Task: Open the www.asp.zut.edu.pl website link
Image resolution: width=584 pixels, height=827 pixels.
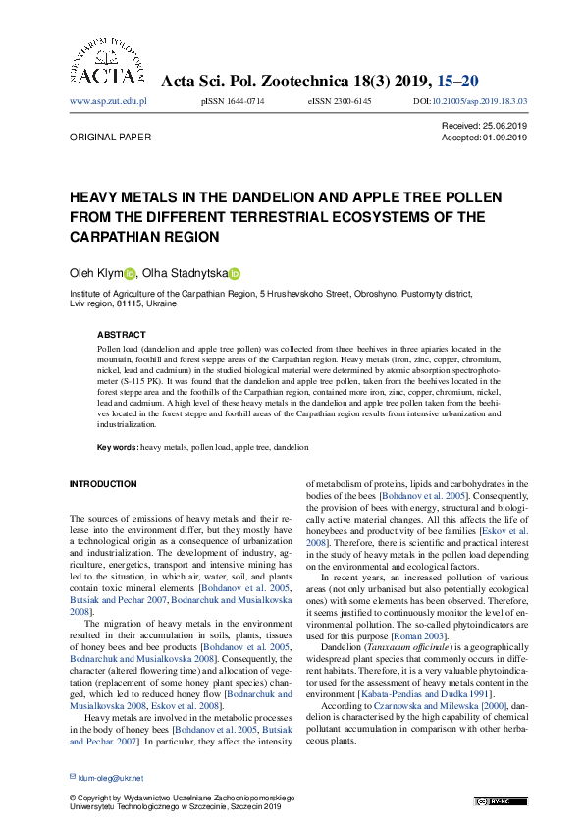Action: (x=108, y=101)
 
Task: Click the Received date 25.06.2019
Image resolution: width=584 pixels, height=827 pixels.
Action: (x=506, y=127)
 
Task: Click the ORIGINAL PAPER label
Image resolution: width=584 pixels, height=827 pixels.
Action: (x=108, y=138)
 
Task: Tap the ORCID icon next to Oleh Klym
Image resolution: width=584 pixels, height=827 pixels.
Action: (x=130, y=275)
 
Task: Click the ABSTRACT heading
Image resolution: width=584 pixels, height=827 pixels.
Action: (x=121, y=335)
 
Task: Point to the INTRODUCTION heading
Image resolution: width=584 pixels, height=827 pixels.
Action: (x=103, y=484)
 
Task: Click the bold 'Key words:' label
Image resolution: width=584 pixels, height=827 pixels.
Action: (x=118, y=447)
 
